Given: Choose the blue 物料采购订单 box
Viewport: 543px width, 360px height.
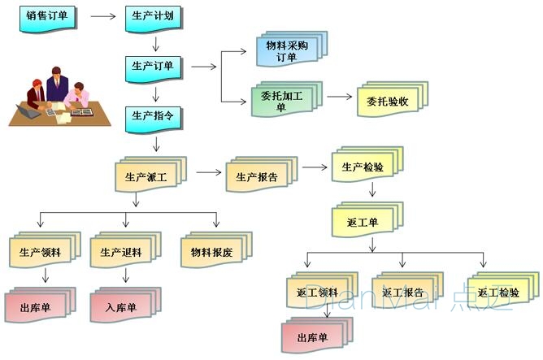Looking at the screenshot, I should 289,50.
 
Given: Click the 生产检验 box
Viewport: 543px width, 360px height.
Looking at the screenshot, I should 363,167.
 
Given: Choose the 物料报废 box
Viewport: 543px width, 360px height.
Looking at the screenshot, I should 213,251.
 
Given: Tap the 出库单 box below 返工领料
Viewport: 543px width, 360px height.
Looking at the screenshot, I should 314,336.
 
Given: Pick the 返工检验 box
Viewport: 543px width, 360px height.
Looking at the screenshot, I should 498,291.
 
